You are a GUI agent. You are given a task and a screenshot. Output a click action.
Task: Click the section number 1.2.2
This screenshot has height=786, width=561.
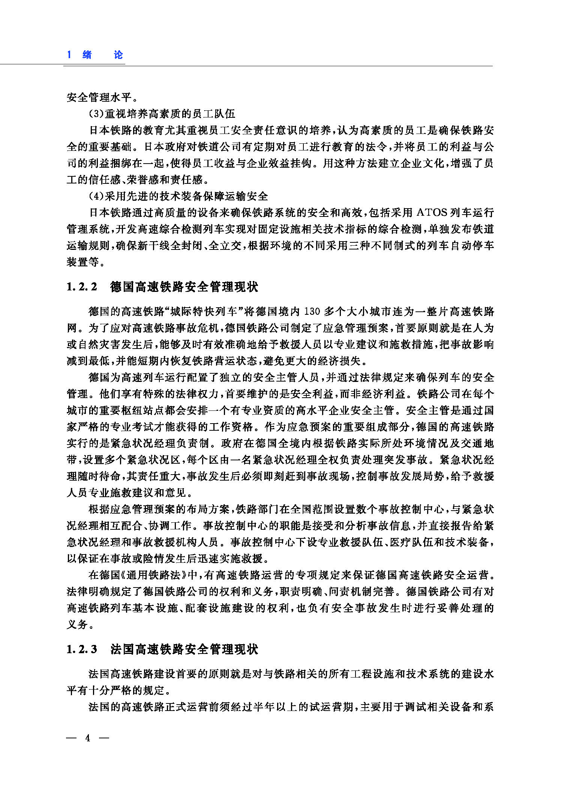(82, 287)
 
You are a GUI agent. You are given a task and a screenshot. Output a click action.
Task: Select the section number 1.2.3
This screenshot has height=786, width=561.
(82, 649)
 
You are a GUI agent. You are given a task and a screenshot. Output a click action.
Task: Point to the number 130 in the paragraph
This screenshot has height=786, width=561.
(312, 312)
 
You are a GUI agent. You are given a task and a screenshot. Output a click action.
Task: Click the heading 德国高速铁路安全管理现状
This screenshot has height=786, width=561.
(184, 287)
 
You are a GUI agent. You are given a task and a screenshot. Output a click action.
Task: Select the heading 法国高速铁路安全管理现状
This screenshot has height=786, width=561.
(184, 649)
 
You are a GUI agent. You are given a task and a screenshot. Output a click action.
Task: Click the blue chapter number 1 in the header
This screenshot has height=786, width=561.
(69, 55)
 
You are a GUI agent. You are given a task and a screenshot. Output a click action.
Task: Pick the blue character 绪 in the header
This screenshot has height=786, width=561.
(87, 55)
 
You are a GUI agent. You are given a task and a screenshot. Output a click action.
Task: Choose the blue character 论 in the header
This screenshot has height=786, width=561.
(118, 55)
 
